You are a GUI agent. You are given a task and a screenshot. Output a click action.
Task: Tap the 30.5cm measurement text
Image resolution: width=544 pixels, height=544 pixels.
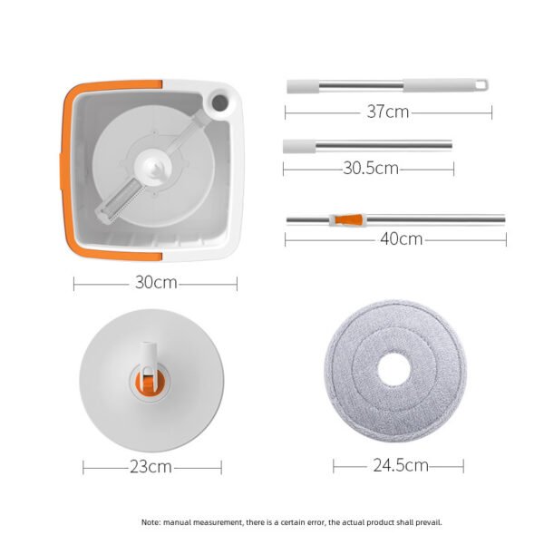click(368, 168)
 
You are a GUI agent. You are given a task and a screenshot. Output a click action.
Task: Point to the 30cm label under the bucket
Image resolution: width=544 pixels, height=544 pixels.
click(156, 282)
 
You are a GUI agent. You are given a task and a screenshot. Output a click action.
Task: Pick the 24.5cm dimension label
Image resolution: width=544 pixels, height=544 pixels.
click(399, 465)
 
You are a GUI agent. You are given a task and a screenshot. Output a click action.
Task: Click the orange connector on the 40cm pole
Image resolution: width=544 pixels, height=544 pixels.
click(347, 219)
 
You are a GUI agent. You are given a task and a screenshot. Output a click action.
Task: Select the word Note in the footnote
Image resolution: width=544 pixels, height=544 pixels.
click(151, 522)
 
